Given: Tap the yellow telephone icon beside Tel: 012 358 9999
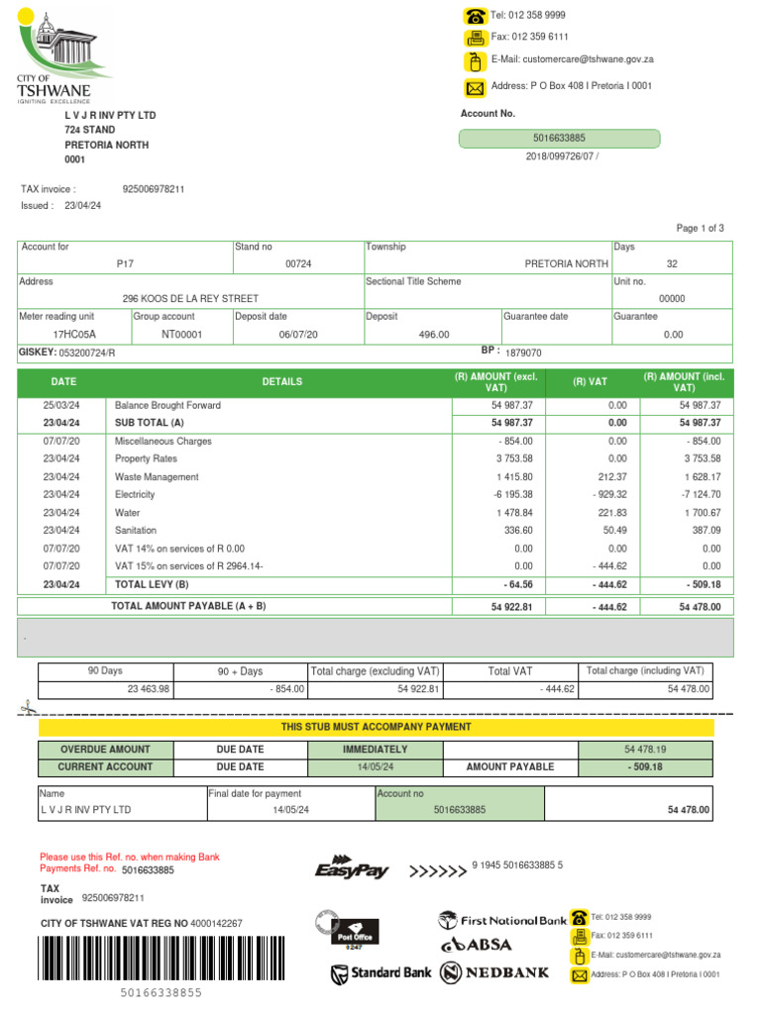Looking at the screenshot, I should [475, 15].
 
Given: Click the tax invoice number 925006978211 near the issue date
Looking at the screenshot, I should [153, 188].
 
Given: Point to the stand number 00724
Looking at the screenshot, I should [298, 264].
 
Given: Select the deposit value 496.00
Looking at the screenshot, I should [434, 335].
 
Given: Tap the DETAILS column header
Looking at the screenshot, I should [282, 382].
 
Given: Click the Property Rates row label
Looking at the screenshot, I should [146, 458].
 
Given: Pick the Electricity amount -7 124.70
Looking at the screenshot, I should [699, 494].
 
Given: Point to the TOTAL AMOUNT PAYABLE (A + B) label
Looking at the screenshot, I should [188, 605].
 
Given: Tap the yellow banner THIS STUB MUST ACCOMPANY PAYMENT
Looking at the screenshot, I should [376, 728].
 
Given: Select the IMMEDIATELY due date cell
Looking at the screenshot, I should [375, 750].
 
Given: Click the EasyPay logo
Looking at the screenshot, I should [352, 868].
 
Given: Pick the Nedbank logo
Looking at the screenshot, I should [495, 972].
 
